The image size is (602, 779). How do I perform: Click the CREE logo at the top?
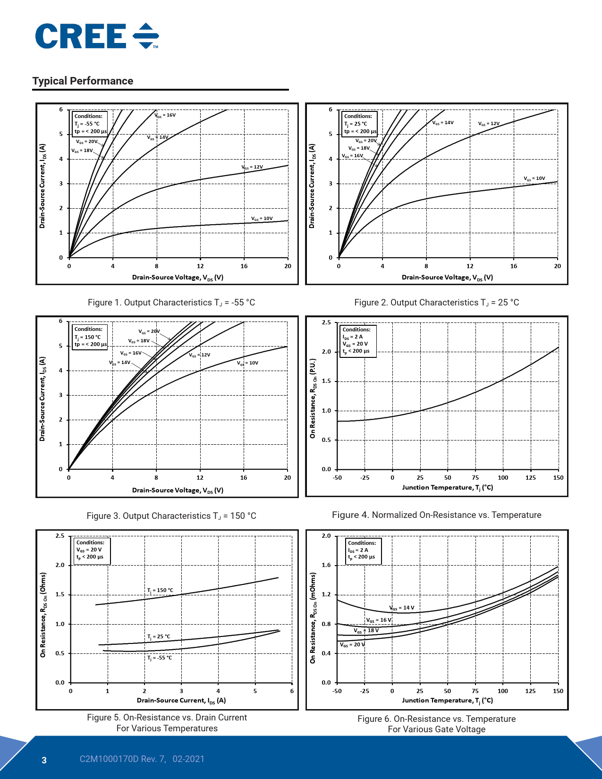[97, 36]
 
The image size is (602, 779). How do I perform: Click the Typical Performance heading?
[83, 81]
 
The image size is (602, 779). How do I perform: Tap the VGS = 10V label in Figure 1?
[262, 219]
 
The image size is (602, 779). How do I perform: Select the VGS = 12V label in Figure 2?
[488, 124]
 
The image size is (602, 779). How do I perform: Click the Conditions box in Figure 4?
[357, 340]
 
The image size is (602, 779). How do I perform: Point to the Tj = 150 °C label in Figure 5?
[160, 590]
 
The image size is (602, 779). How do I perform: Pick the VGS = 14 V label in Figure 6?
[402, 608]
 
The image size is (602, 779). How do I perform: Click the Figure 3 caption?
[171, 516]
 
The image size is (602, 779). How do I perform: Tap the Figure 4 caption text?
[436, 515]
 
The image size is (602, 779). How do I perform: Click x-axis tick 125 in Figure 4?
[530, 477]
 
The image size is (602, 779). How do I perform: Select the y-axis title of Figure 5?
[43, 615]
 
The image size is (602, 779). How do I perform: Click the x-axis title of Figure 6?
[447, 700]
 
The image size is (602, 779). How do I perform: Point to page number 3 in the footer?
[44, 760]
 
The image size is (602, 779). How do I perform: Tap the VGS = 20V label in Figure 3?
[149, 331]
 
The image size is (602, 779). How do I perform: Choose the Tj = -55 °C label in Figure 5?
[160, 658]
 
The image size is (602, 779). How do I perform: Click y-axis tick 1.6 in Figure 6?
[326, 565]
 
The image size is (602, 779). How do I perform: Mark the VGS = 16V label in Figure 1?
[165, 115]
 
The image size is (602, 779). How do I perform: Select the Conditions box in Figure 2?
[360, 123]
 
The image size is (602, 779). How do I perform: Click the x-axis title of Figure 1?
[178, 277]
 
